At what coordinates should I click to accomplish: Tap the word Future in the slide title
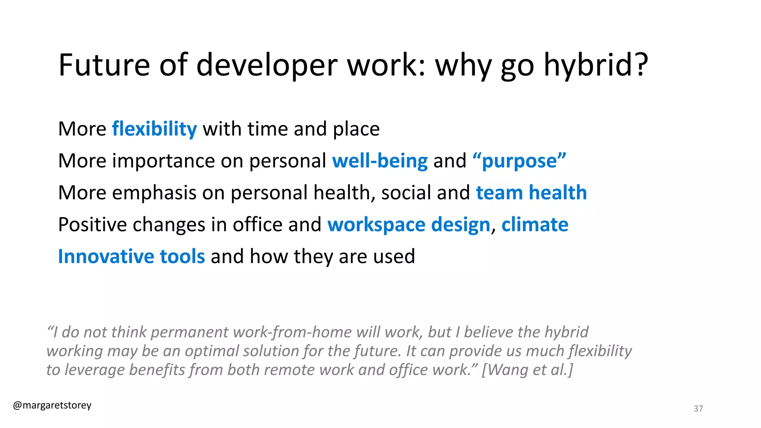click(104, 65)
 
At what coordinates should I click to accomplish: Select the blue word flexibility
click(154, 129)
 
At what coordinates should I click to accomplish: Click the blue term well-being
click(380, 161)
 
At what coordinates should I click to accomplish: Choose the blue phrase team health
click(531, 193)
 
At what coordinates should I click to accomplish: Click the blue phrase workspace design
click(409, 225)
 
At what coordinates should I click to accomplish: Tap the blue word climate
click(535, 224)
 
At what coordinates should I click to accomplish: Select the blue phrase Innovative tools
click(132, 256)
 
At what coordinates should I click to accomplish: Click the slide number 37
click(698, 409)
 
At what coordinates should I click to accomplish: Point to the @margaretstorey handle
click(52, 405)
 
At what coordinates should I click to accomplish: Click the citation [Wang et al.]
click(527, 370)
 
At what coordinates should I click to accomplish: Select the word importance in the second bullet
click(163, 161)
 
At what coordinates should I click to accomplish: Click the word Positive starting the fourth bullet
click(93, 225)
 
